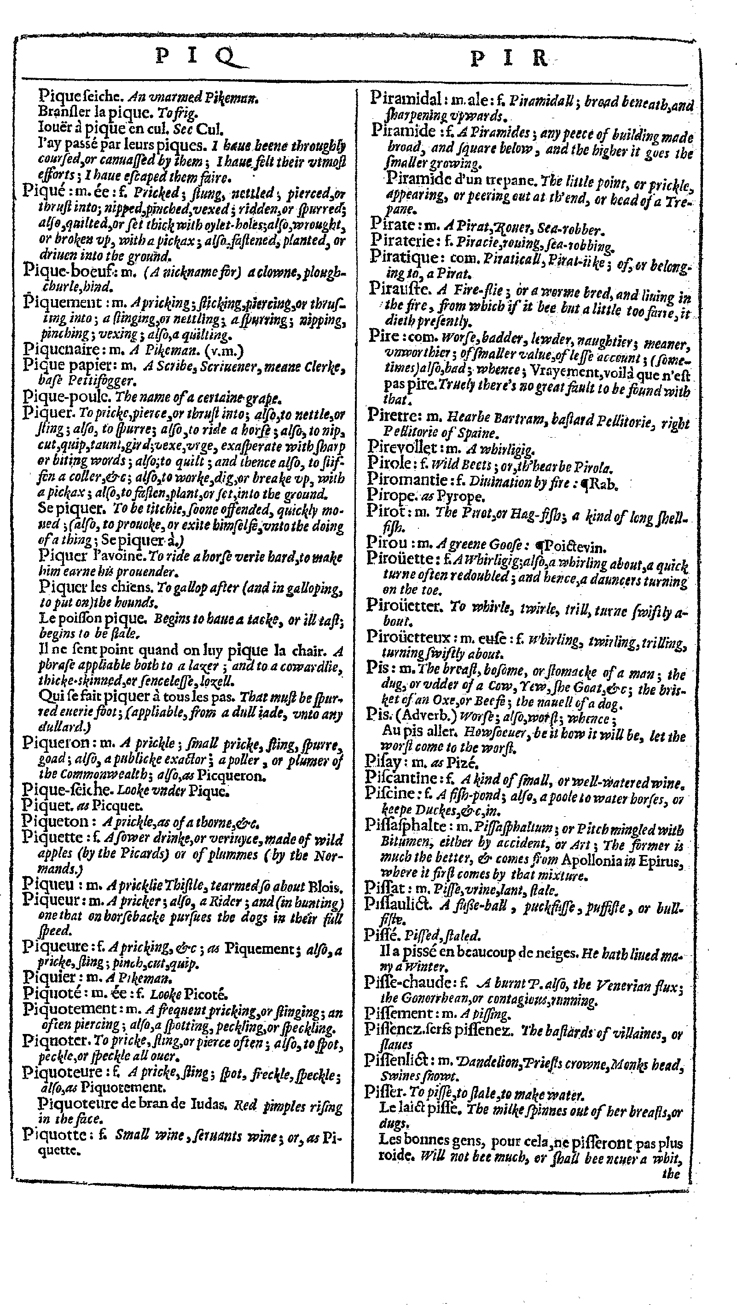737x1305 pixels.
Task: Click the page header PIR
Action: (x=510, y=59)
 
